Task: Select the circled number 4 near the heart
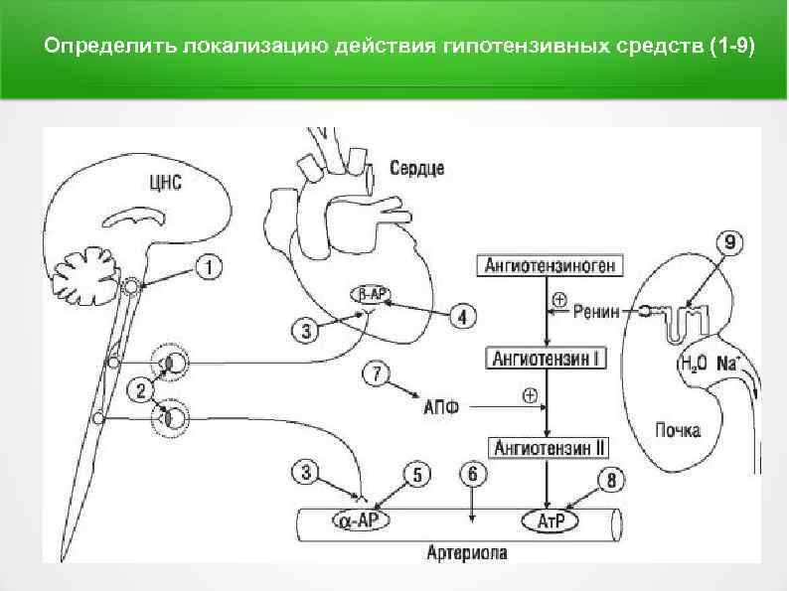pyautogui.click(x=463, y=317)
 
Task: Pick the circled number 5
pyautogui.click(x=417, y=476)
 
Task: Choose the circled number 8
pyautogui.click(x=611, y=482)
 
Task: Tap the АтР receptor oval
pyautogui.click(x=550, y=520)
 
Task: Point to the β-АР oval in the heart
pyautogui.click(x=373, y=294)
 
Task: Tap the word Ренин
pyautogui.click(x=596, y=311)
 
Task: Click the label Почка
pyautogui.click(x=677, y=430)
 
